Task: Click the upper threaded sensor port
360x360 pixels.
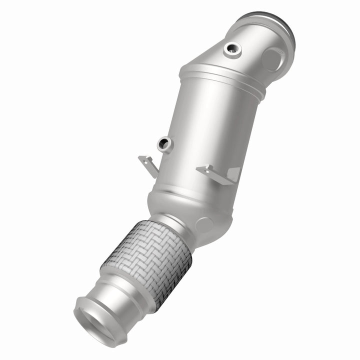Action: pyautogui.click(x=231, y=48)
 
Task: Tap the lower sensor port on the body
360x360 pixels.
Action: pyautogui.click(x=164, y=145)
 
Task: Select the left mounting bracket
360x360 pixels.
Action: pyautogui.click(x=147, y=164)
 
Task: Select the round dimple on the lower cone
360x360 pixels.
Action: pyautogui.click(x=204, y=224)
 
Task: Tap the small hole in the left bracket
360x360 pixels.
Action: pyautogui.click(x=144, y=161)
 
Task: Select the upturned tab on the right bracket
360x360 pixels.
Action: pyautogui.click(x=233, y=173)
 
